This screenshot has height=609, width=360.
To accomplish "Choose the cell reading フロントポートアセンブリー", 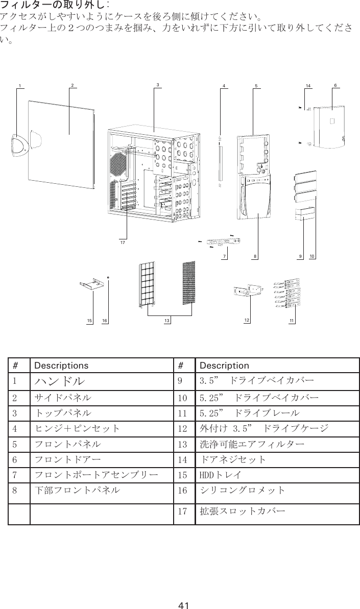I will [x=95, y=476].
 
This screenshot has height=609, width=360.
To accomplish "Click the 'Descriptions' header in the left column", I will [x=61, y=366].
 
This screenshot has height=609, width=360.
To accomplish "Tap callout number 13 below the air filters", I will [x=166, y=320].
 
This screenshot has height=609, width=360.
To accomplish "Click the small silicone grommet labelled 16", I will [x=109, y=277].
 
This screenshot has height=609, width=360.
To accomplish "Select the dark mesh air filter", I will [x=189, y=283].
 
